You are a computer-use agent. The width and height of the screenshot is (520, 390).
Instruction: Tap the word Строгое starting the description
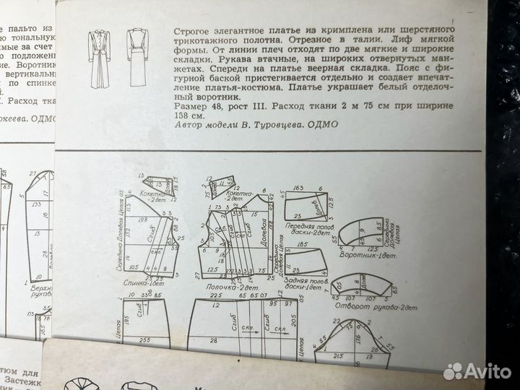pos(191,32)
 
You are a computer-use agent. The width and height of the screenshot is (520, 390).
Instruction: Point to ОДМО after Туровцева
pos(319,123)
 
